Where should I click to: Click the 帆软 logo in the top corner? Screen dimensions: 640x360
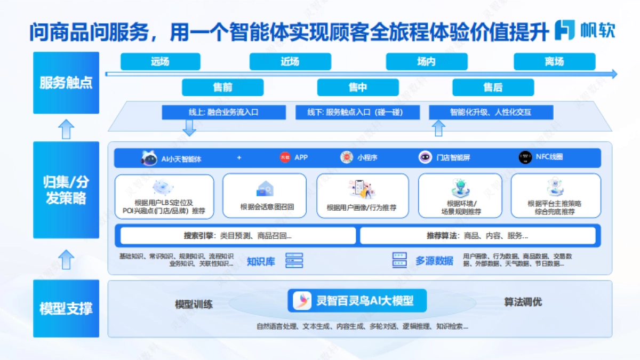point(585,30)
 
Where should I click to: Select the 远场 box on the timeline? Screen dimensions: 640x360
point(160,61)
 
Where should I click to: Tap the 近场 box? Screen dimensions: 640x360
point(290,61)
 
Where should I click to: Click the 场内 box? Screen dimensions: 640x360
point(426,61)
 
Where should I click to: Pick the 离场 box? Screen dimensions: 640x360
point(554,61)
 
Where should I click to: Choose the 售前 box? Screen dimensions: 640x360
point(222,87)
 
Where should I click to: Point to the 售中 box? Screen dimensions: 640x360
point(358,87)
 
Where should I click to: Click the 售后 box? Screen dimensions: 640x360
point(493,87)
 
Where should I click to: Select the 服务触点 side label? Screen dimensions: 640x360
point(66,83)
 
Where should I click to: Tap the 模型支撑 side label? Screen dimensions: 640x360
point(66,308)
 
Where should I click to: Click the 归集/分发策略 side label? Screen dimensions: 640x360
point(66,190)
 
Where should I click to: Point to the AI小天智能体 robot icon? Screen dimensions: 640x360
point(149,158)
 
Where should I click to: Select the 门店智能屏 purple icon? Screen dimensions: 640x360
point(425,157)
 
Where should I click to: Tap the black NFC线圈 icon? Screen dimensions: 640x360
point(525,157)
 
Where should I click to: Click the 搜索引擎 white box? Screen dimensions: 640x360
point(238,236)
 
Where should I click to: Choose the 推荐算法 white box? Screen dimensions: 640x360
point(477,236)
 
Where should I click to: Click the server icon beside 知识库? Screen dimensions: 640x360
point(294,260)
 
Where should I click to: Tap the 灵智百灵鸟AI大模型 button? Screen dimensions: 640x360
point(359,301)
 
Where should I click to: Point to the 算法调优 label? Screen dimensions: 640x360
point(523,302)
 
